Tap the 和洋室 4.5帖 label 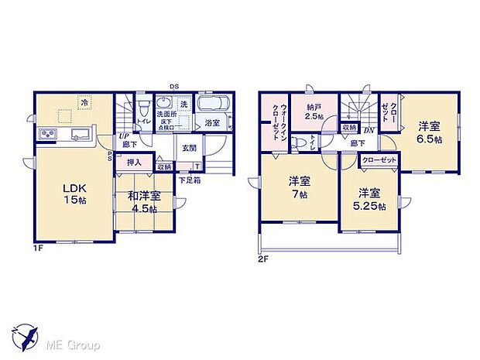144,202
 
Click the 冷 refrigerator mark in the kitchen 83,101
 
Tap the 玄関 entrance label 190,148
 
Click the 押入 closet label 134,163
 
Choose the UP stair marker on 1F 123,135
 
